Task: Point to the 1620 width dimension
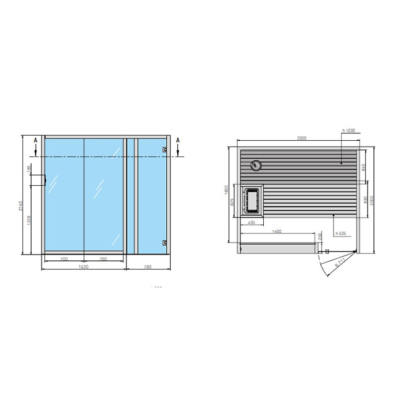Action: [84, 267]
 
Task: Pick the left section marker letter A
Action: [36, 140]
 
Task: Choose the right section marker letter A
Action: [178, 140]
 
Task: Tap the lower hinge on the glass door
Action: [165, 242]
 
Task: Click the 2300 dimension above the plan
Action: [301, 139]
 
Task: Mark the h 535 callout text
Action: [342, 234]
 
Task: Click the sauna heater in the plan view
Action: [252, 202]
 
